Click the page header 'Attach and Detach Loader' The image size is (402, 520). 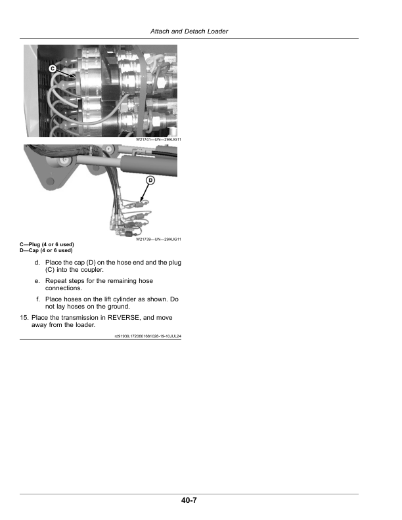[x=189, y=32]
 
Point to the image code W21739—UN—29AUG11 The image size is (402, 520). [x=158, y=240]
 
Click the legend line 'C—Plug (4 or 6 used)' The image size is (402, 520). [x=47, y=245]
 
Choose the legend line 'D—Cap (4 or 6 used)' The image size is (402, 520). [x=46, y=250]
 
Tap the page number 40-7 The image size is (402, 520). [x=189, y=501]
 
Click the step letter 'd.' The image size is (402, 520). [x=38, y=262]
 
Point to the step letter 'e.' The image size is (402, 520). [x=38, y=280]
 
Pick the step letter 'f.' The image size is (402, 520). [x=39, y=299]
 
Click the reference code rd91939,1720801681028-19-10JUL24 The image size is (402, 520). [x=148, y=336]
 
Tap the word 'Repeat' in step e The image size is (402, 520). [x=56, y=280]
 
